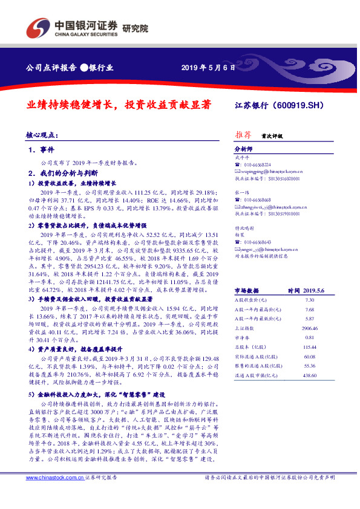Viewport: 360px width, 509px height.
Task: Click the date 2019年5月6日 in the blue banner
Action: pyautogui.click(x=208, y=67)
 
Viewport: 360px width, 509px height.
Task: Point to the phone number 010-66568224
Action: pyautogui.click(x=257, y=165)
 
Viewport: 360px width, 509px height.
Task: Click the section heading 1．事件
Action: pyautogui.click(x=41, y=149)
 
